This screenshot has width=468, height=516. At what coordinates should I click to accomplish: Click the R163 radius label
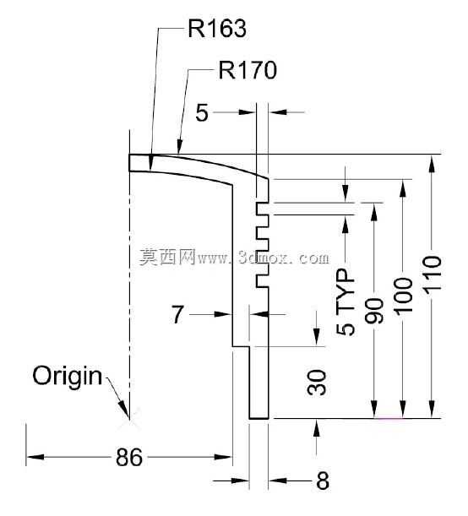(217, 29)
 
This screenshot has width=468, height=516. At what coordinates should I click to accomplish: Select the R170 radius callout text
(248, 70)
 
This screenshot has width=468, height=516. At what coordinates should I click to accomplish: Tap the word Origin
(67, 376)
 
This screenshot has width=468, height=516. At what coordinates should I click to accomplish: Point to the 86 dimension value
(129, 457)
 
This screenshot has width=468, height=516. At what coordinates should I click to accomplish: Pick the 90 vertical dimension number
(374, 311)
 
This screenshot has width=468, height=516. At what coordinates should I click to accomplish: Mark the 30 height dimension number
(317, 383)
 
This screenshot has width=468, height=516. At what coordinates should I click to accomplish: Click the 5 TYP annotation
(346, 301)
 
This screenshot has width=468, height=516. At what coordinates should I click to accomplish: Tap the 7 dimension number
(177, 314)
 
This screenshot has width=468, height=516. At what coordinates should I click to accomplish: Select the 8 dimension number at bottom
(323, 481)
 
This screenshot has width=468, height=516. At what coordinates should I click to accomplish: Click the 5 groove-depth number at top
(202, 112)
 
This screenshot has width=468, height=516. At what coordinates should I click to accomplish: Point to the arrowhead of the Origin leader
(125, 411)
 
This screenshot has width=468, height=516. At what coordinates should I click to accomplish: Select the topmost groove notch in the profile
(263, 209)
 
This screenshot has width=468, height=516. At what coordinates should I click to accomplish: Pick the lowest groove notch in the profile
(263, 281)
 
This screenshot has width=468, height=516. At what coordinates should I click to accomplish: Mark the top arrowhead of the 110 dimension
(433, 163)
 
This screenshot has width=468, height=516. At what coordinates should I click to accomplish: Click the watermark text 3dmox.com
(283, 258)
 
